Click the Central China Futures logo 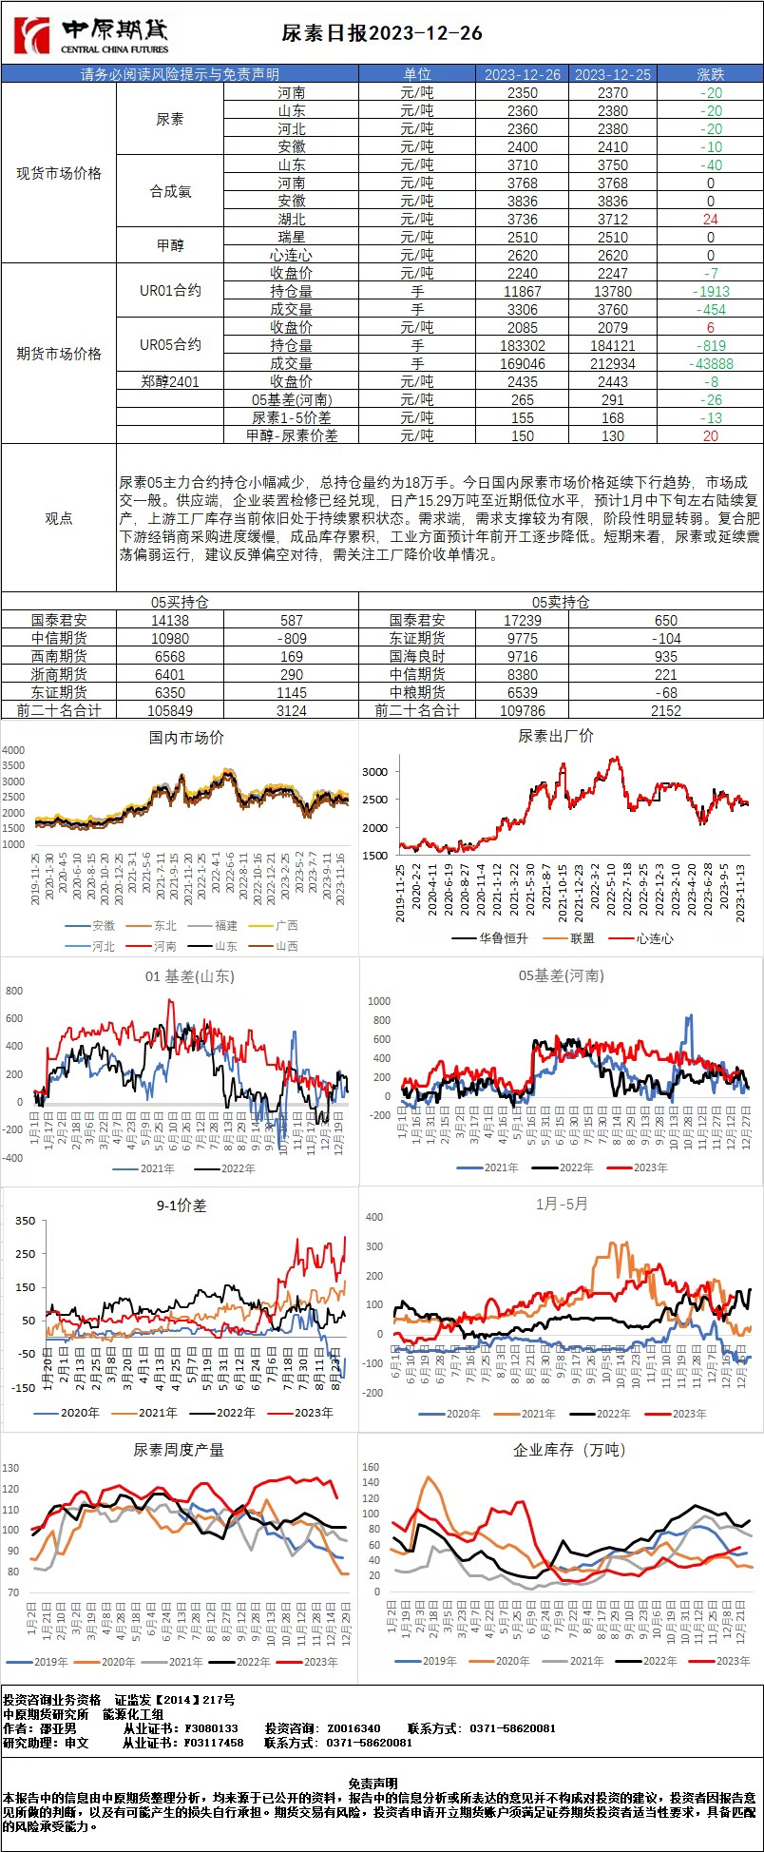(90, 36)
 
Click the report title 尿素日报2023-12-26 (382, 33)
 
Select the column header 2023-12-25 (613, 74)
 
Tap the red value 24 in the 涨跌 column (710, 220)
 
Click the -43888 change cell (710, 364)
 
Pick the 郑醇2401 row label (170, 381)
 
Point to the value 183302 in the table (523, 346)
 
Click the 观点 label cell (59, 518)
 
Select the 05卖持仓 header (561, 602)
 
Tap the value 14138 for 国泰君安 (170, 620)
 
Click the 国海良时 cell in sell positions (416, 656)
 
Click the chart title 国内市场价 (186, 738)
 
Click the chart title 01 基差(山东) (189, 976)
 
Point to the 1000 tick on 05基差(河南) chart (379, 1001)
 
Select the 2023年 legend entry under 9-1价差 (308, 1413)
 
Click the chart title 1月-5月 (562, 1204)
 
